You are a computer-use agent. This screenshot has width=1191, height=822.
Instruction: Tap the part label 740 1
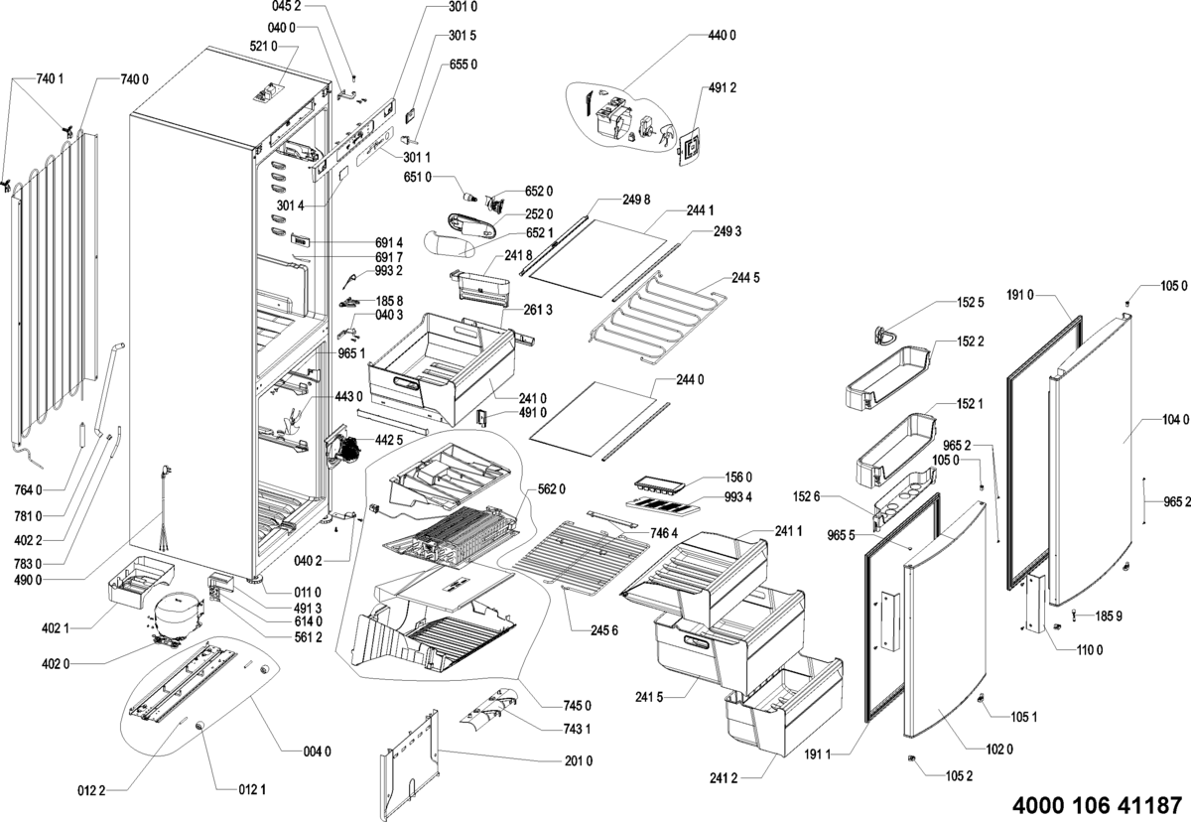tap(49, 78)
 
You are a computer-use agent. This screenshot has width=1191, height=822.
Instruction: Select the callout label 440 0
tap(722, 36)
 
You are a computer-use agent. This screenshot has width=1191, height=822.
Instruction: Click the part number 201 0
tap(578, 761)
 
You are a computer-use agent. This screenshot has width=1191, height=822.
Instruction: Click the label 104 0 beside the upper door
tap(1173, 419)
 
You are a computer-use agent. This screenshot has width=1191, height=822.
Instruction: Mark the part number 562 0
tap(551, 488)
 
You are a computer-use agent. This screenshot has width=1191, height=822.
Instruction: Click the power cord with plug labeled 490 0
tap(165, 511)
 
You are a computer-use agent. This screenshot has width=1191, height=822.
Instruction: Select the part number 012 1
tap(250, 790)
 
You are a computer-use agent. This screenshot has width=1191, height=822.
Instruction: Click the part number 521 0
tap(263, 46)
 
